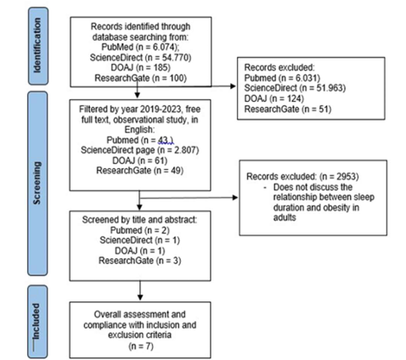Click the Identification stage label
click(37, 46)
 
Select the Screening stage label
click(37, 183)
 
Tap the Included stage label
click(37, 322)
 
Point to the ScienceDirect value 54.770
click(176, 58)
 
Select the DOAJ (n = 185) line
click(141, 68)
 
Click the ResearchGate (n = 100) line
click(140, 78)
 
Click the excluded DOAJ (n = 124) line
click(274, 98)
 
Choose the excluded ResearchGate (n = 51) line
click(288, 109)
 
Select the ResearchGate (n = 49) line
click(140, 171)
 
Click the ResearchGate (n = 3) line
click(140, 261)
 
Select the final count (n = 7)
click(141, 346)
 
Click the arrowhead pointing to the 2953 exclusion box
click(235, 198)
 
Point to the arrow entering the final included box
click(140, 290)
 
